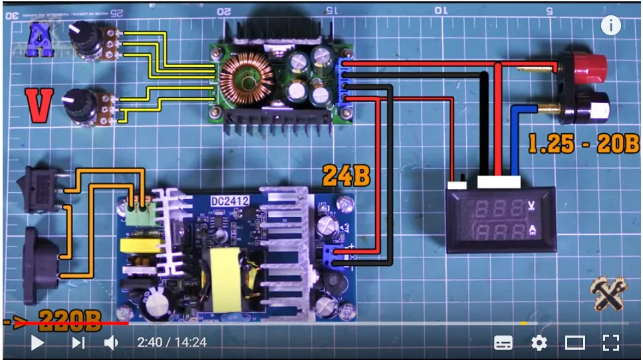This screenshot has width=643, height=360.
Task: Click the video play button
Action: [x=37, y=343]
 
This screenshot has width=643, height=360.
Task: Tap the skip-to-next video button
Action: [x=78, y=343]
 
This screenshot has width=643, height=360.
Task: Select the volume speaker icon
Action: [x=112, y=343]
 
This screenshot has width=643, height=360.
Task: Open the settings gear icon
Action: [x=539, y=343]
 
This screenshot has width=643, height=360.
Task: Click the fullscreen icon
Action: [x=610, y=343]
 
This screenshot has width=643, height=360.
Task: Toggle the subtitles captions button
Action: [x=503, y=343]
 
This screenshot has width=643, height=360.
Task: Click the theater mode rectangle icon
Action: [x=575, y=343]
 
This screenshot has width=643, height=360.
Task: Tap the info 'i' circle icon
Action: [x=610, y=26]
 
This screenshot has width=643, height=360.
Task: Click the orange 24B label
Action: [x=346, y=176]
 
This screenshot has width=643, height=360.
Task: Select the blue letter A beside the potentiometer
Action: [x=40, y=41]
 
